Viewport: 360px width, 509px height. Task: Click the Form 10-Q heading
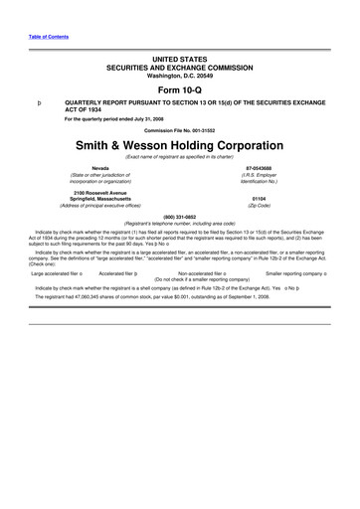pyautogui.click(x=180, y=85)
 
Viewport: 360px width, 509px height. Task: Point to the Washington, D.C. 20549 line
pyautogui.click(x=180, y=71)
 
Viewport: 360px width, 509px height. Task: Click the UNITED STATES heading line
pyautogui.click(x=180, y=57)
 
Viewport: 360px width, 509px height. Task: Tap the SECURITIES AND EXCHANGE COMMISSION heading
pyautogui.click(x=180, y=64)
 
